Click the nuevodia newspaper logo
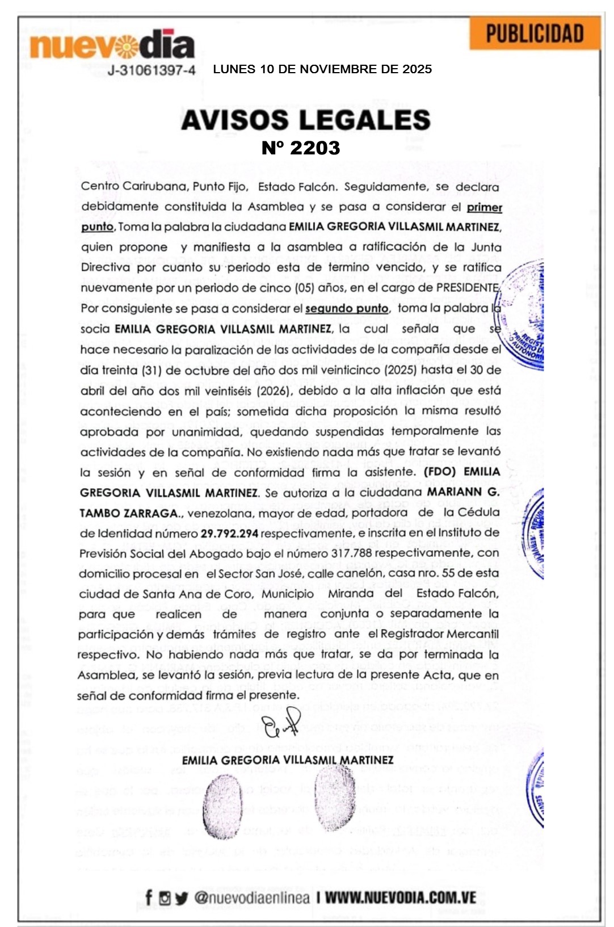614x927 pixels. pos(112,45)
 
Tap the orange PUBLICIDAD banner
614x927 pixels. pos(535,33)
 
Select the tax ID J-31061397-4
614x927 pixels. pos(152,70)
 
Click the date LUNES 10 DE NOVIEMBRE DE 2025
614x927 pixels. pos(322,69)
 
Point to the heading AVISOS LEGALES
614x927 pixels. pos(306,120)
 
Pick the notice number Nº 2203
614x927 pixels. pos(301,148)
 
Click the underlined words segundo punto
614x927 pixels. pos(347,309)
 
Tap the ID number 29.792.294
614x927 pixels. pos(229,534)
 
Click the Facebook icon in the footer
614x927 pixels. pos(149,897)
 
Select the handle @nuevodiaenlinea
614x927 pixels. pos(252,897)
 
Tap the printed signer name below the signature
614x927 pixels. pos(288,760)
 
